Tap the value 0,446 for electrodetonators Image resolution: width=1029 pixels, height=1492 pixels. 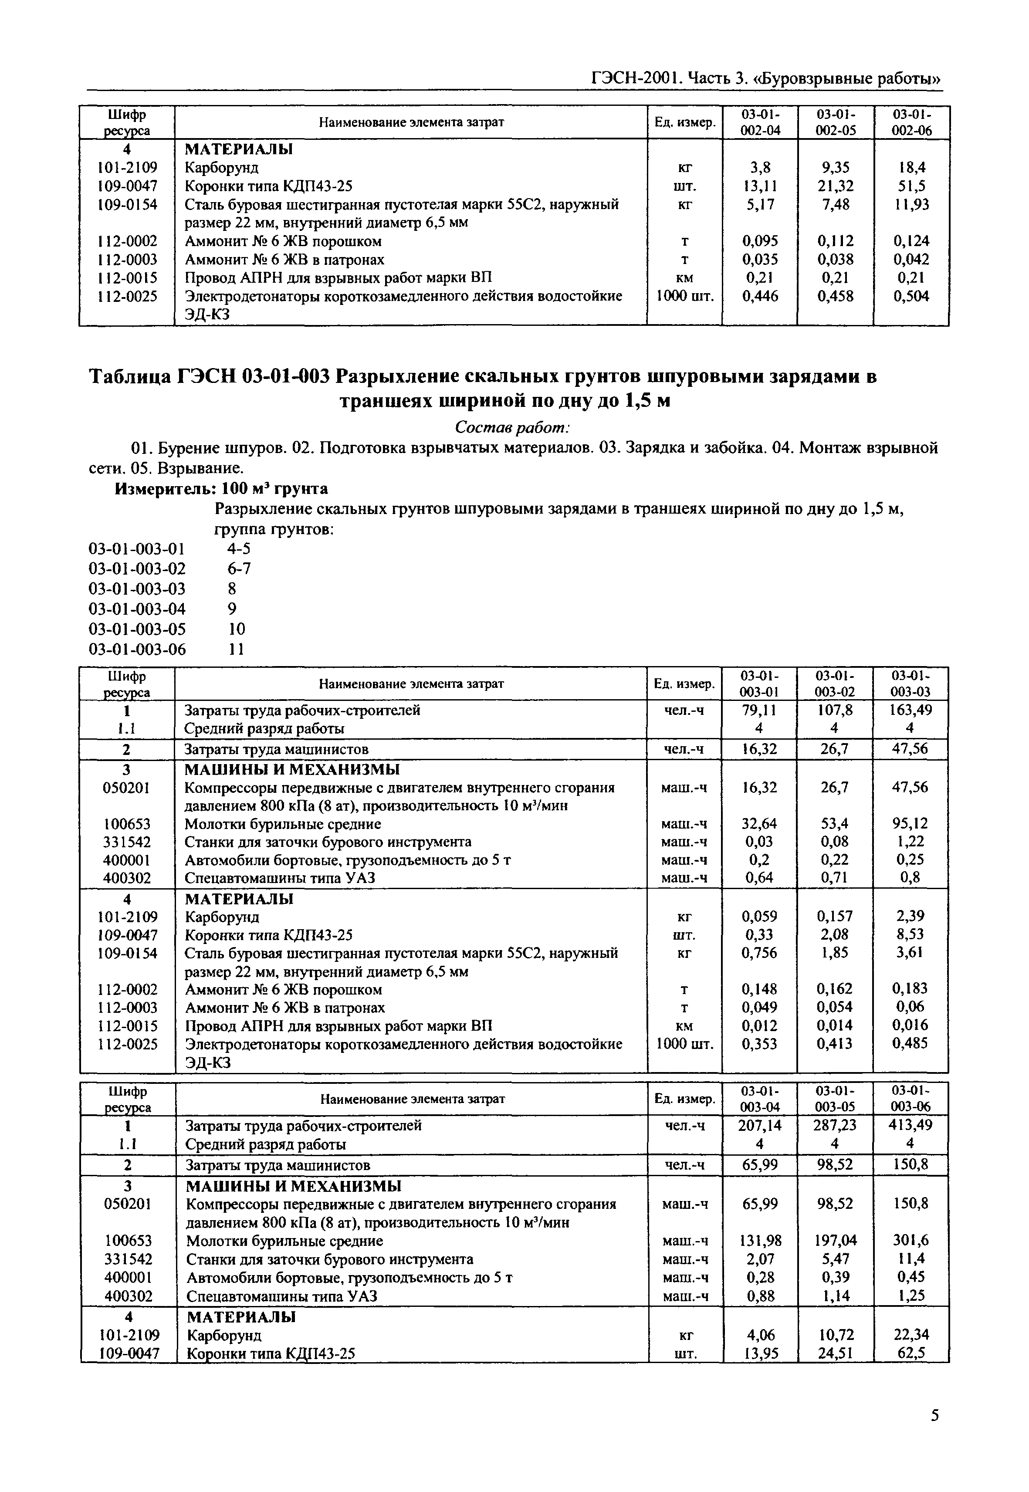point(759,296)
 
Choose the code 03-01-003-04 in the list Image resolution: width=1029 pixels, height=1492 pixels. point(137,609)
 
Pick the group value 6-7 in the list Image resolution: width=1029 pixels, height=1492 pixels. point(239,568)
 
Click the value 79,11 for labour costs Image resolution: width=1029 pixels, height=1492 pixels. point(759,710)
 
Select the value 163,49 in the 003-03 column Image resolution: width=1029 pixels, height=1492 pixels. point(910,710)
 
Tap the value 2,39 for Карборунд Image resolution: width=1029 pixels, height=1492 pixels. point(910,916)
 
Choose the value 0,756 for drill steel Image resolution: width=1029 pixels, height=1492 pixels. point(759,953)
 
